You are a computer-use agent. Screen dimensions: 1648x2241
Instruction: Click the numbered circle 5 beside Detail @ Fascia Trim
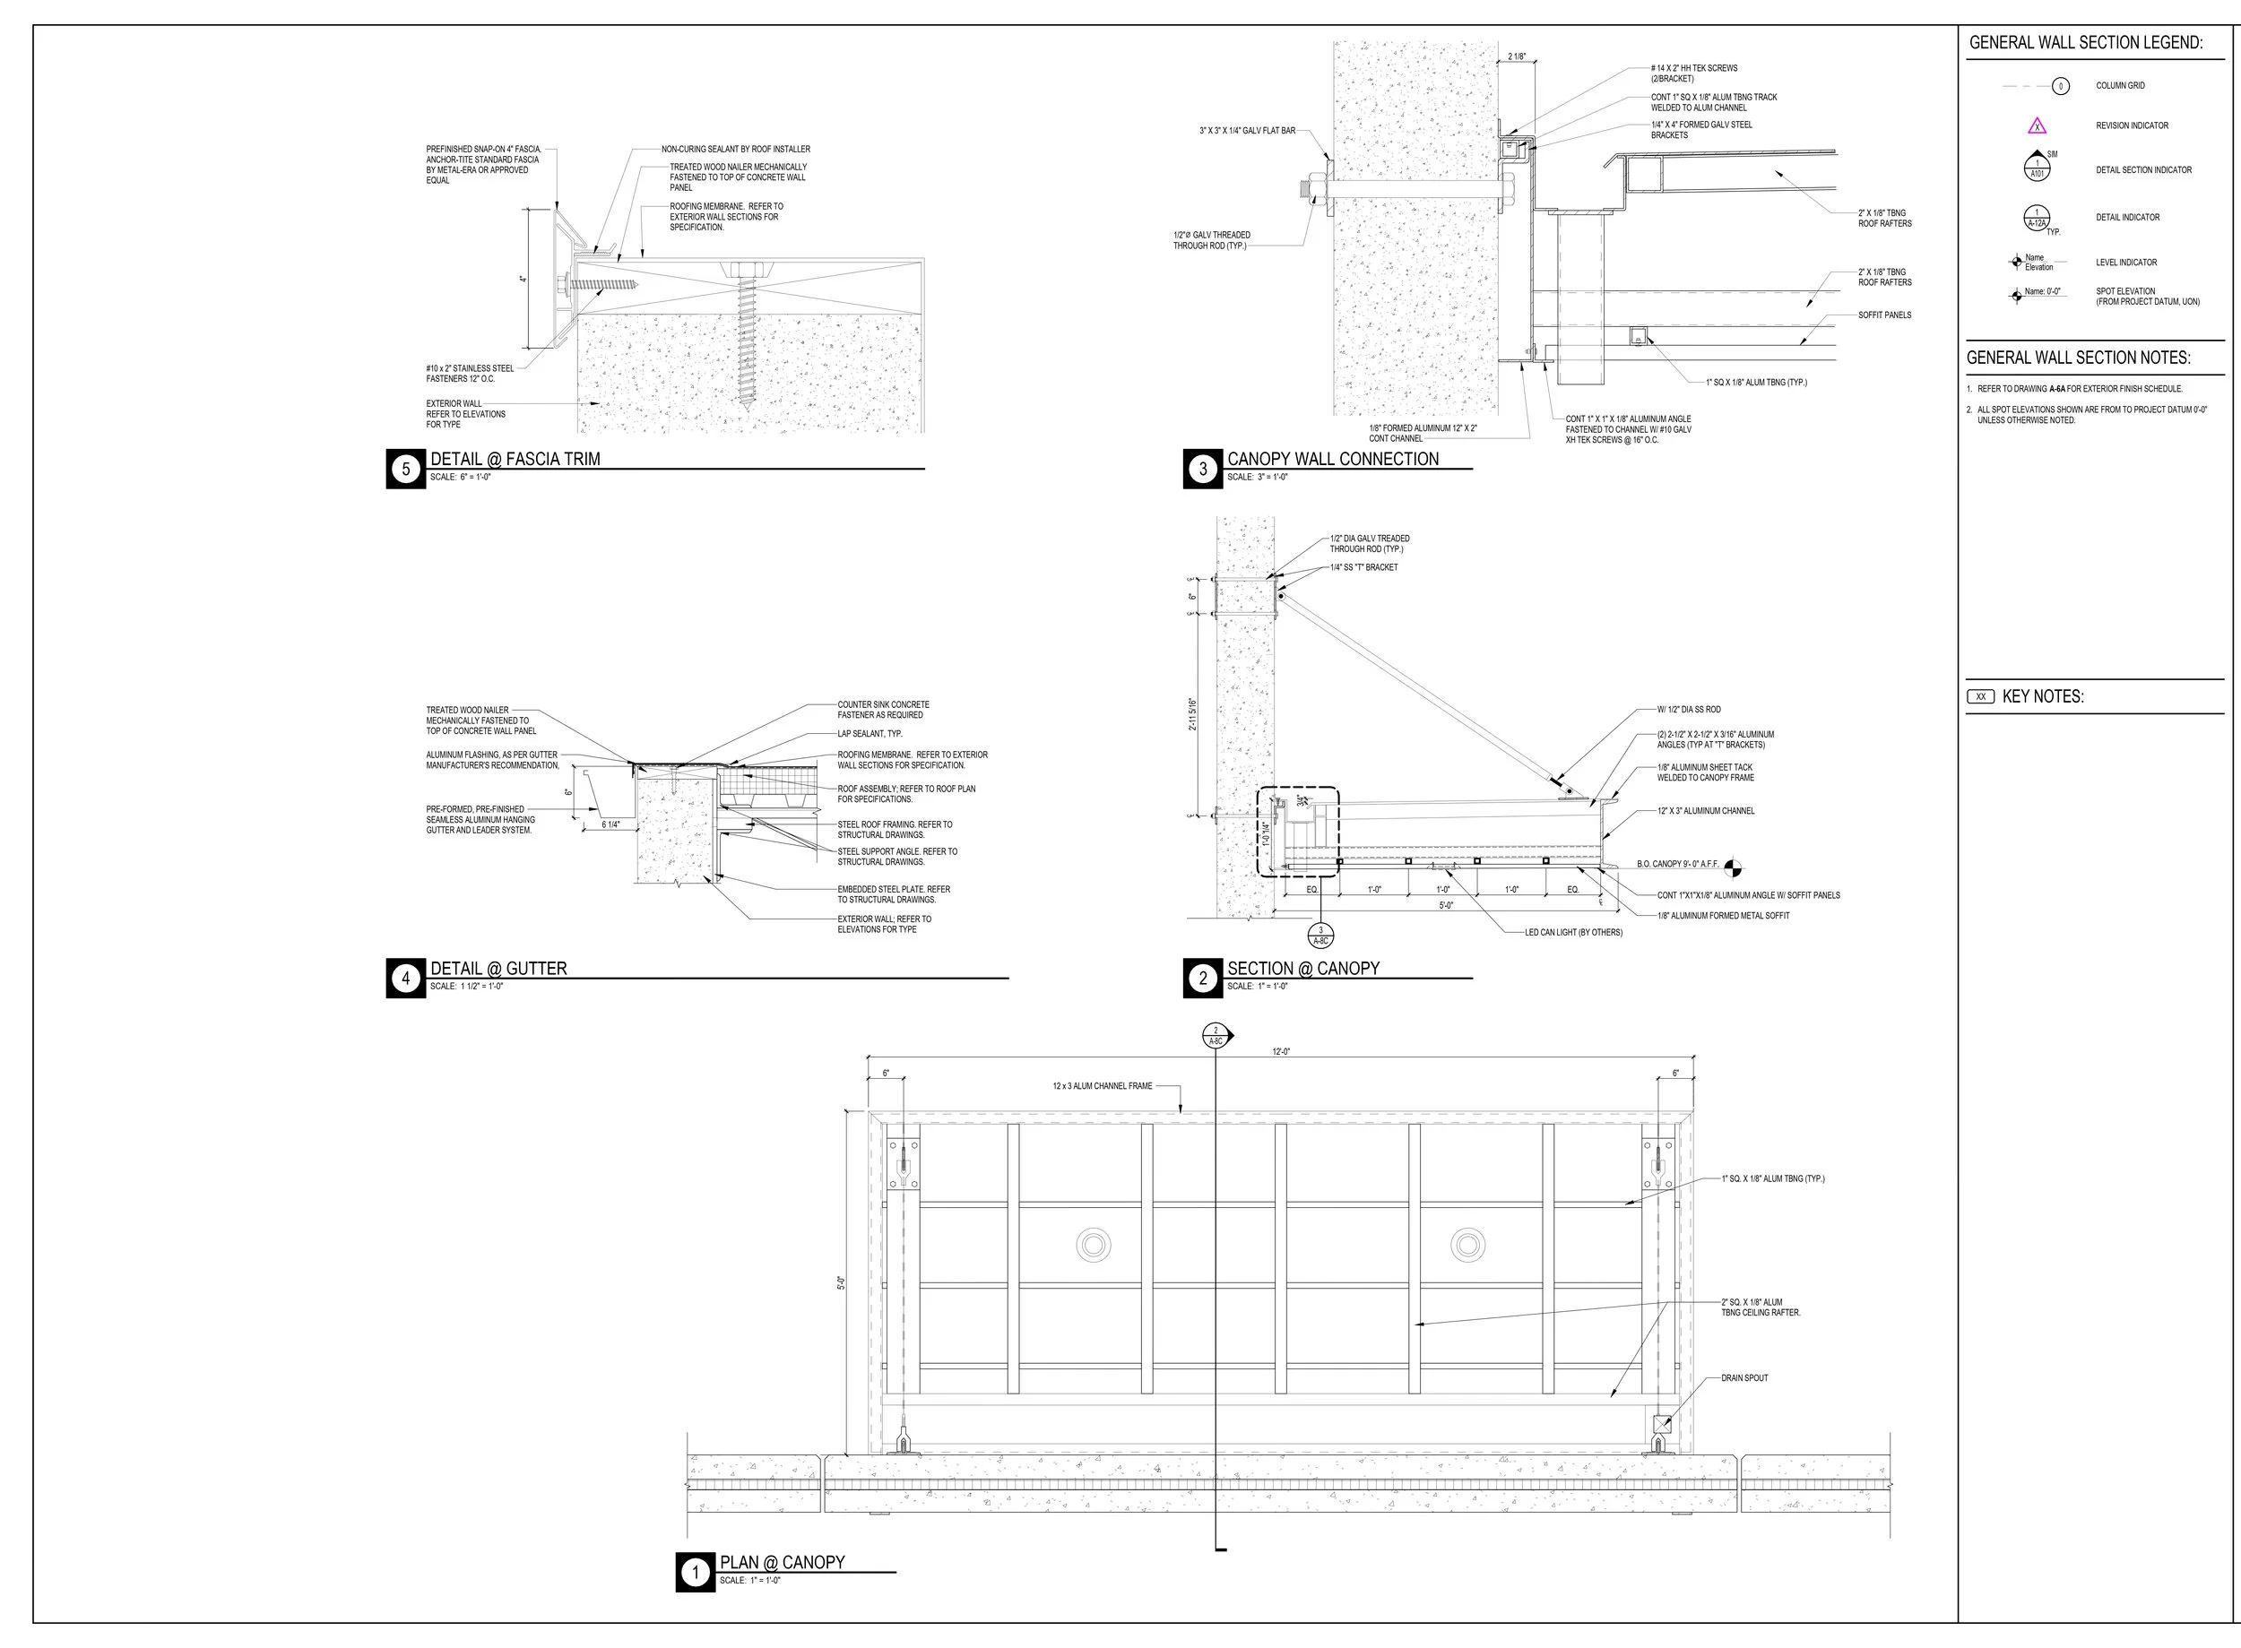pyautogui.click(x=405, y=469)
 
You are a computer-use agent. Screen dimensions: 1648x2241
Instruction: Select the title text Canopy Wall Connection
pyautogui.click(x=1332, y=459)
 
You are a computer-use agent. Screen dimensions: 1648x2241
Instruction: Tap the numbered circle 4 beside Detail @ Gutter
pyautogui.click(x=405, y=979)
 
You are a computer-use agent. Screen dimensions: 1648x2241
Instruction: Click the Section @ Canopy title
pyautogui.click(x=1303, y=968)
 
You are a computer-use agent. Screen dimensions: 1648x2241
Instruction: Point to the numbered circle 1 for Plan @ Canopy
pyautogui.click(x=695, y=1574)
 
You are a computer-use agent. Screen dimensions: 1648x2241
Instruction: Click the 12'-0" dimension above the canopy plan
pyautogui.click(x=1281, y=1051)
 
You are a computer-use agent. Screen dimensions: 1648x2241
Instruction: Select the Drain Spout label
pyautogui.click(x=1743, y=1377)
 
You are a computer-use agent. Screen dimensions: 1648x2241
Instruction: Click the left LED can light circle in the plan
pyautogui.click(x=1094, y=1244)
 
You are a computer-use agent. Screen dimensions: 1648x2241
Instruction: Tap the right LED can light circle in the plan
pyautogui.click(x=1467, y=1244)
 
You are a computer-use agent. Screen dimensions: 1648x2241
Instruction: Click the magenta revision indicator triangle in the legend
pyautogui.click(x=2037, y=125)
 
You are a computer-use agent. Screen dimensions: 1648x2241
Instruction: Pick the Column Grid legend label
pyautogui.click(x=2119, y=86)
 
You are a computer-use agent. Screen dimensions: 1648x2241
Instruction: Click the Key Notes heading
pyautogui.click(x=2042, y=696)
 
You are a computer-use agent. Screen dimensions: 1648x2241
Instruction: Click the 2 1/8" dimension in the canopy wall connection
pyautogui.click(x=1516, y=56)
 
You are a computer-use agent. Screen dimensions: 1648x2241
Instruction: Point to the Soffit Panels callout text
pyautogui.click(x=1884, y=315)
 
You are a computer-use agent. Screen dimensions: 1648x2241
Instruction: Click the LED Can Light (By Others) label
pyautogui.click(x=1572, y=932)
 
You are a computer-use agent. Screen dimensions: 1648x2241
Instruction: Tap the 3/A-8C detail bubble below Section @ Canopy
pyautogui.click(x=1320, y=935)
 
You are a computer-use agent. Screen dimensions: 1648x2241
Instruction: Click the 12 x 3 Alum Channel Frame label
pyautogui.click(x=1102, y=1085)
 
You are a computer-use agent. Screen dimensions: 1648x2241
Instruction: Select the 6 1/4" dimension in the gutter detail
pyautogui.click(x=610, y=825)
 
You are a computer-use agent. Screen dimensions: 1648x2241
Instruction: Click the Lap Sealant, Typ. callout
pyautogui.click(x=870, y=733)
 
